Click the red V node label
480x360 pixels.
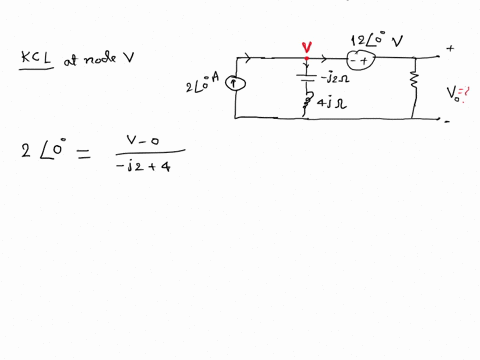point(306,47)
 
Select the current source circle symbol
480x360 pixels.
point(235,85)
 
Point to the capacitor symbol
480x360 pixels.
point(306,76)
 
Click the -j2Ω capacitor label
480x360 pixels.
point(331,76)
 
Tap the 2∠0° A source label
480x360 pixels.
point(203,84)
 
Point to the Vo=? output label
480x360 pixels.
point(457,94)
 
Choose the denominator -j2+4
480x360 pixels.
point(144,167)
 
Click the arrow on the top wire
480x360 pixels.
point(265,60)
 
